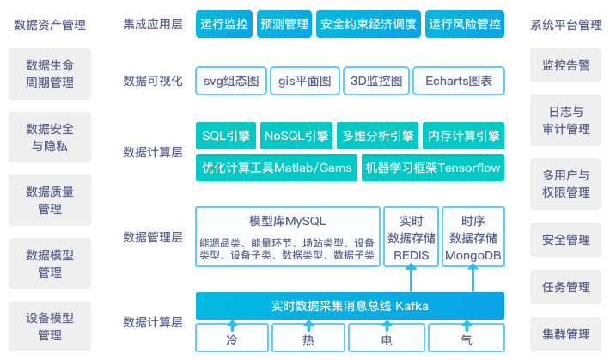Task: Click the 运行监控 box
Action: [x=225, y=25]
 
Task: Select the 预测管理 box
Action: [x=284, y=25]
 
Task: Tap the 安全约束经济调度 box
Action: [x=368, y=25]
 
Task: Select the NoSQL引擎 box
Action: [x=297, y=136]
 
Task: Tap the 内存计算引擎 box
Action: [x=464, y=136]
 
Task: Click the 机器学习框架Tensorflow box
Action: [x=432, y=168]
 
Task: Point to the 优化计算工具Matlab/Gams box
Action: [x=277, y=168]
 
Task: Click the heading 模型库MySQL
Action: [x=287, y=221]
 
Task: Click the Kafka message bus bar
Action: [x=350, y=306]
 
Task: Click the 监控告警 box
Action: [x=566, y=64]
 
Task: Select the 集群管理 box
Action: [x=566, y=333]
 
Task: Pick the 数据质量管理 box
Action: [x=50, y=199]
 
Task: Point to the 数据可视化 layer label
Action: [x=153, y=81]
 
